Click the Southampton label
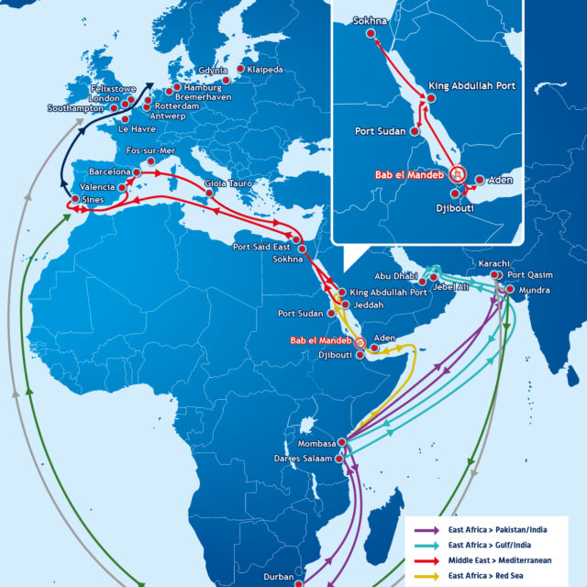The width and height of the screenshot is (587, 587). coord(76,108)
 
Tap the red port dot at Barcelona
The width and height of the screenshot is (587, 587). coord(138,172)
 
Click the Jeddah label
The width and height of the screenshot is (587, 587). coord(368,304)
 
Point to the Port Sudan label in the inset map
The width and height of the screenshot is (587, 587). coord(381,131)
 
